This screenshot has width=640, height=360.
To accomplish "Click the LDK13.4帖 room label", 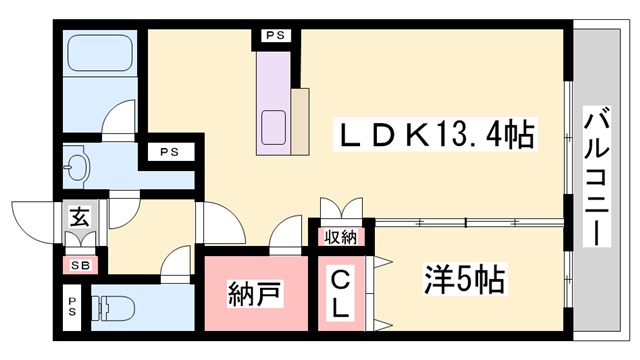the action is pos(438,130).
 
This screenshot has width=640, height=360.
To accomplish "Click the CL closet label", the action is pos(340,292).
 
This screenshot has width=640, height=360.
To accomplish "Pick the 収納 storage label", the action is pos(341,238).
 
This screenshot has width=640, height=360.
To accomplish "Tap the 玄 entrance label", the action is pos(78,214).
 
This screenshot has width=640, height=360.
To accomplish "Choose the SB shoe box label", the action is pos(78,265).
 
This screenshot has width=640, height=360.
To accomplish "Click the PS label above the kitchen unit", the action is pos(274,37).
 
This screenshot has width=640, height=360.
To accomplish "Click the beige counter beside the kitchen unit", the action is pos(300,121).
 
